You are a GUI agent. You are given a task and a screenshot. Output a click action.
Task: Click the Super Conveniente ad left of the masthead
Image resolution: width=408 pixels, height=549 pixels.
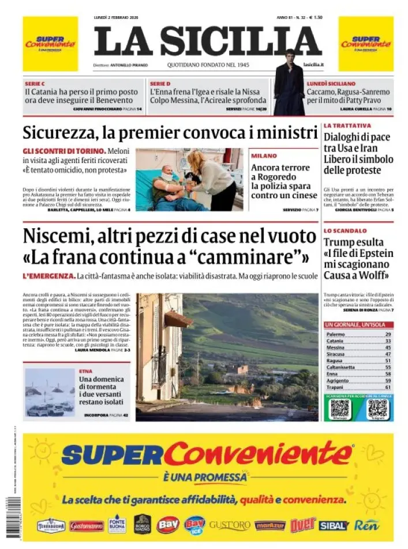pos(50,43)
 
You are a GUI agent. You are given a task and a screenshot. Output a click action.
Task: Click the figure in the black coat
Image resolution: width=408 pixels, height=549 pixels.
pos(289,84)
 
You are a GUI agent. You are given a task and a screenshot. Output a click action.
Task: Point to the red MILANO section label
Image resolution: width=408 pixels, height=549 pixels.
pos(264,156)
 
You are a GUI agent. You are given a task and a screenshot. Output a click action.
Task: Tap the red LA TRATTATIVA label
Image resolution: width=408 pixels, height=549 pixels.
pos(347,125)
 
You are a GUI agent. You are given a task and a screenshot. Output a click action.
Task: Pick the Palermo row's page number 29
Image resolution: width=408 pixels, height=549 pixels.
pos(388,334)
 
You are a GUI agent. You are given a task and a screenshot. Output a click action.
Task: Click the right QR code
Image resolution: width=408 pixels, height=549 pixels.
pos(379,409)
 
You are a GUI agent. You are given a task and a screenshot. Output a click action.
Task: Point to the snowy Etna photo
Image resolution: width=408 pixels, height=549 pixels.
pos(50,392)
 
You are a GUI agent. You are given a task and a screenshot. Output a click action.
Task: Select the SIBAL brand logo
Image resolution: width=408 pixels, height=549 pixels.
pos(334,525)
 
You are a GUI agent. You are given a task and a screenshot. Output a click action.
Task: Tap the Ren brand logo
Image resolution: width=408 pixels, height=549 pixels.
pos(366,525)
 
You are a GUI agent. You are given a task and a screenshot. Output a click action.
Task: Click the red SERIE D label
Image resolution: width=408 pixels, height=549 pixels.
pos(159,84)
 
